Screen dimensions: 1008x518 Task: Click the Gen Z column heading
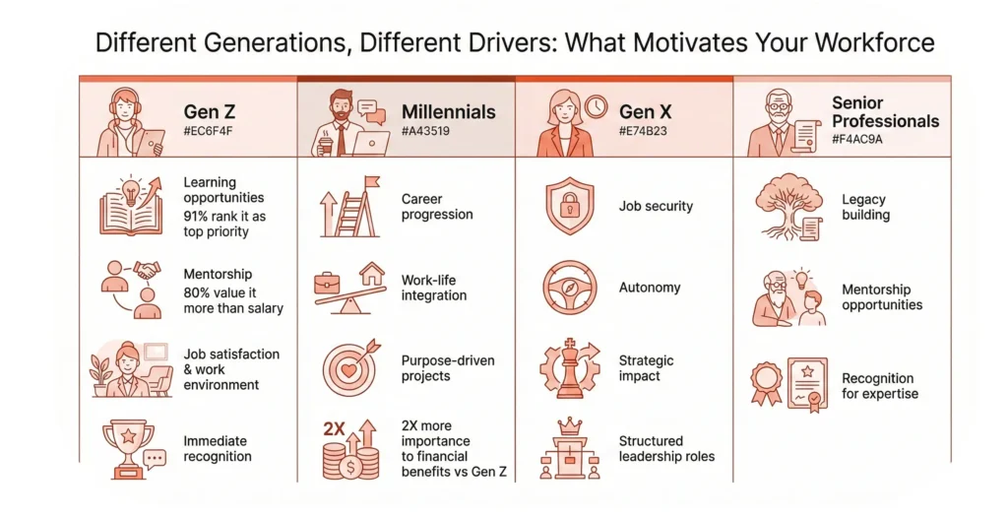[210, 112]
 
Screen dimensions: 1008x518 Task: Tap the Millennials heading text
[449, 112]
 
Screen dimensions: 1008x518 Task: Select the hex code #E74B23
[643, 131]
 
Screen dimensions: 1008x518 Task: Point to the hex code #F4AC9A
[857, 139]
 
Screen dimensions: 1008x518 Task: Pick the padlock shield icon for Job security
[570, 206]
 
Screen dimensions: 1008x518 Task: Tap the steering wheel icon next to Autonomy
[570, 288]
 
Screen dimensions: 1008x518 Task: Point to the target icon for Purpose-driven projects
[350, 368]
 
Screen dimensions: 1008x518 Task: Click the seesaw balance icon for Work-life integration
[349, 288]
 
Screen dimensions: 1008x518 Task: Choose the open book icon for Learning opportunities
[131, 205]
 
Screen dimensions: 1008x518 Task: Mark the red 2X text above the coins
[335, 428]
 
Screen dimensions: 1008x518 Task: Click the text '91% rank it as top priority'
[224, 224]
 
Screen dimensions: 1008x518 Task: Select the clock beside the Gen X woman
[596, 106]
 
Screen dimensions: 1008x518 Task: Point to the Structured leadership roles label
[666, 448]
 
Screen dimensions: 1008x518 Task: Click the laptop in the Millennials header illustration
[371, 143]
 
